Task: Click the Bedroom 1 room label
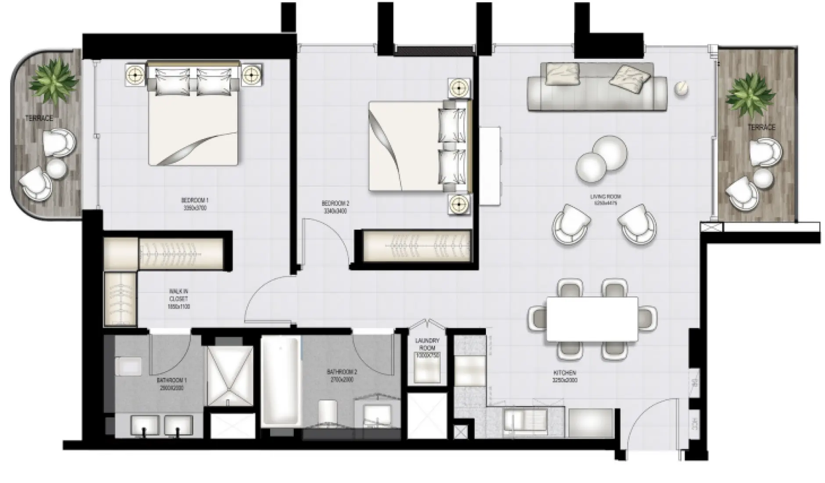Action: pyautogui.click(x=195, y=204)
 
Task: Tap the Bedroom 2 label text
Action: pyautogui.click(x=335, y=207)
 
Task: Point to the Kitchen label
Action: pyautogui.click(x=564, y=376)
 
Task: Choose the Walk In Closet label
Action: pyautogui.click(x=179, y=299)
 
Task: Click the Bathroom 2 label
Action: pyautogui.click(x=342, y=375)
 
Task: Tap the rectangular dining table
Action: pyautogui.click(x=592, y=319)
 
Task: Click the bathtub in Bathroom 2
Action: pyautogui.click(x=281, y=382)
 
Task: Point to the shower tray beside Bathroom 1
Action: pyautogui.click(x=229, y=375)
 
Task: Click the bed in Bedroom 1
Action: pyautogui.click(x=193, y=114)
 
